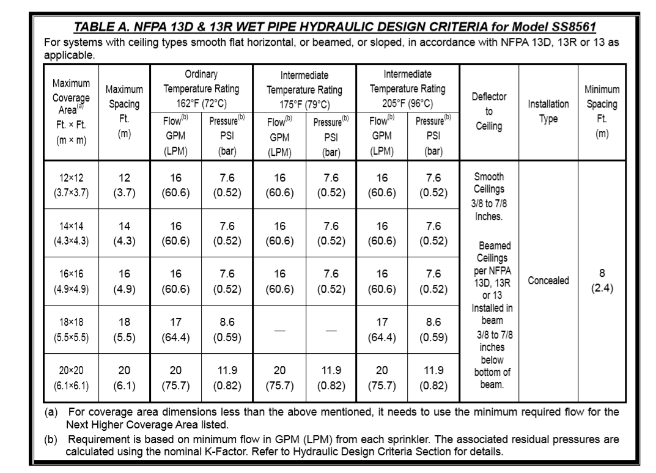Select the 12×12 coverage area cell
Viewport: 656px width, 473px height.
(x=72, y=185)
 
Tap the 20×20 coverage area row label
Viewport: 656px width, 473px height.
(x=72, y=377)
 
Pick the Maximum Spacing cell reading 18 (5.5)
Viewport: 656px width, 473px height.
(x=125, y=329)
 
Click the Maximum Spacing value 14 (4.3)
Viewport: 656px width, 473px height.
(x=125, y=233)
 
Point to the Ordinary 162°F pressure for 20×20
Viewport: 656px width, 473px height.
(x=227, y=377)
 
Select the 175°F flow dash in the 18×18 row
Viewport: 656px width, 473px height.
(x=279, y=331)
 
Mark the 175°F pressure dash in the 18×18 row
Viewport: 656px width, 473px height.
(x=331, y=331)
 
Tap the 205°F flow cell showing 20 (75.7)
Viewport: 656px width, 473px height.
(x=382, y=377)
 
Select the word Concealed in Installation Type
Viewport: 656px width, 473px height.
(x=548, y=280)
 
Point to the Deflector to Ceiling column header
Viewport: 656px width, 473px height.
(x=488, y=112)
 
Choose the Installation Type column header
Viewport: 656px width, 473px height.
(x=548, y=111)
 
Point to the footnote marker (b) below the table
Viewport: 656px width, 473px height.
(x=52, y=439)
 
